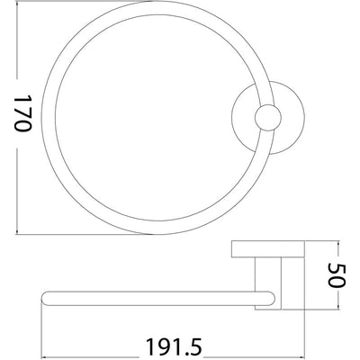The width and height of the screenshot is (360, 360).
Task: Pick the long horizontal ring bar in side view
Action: (x=153, y=302)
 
